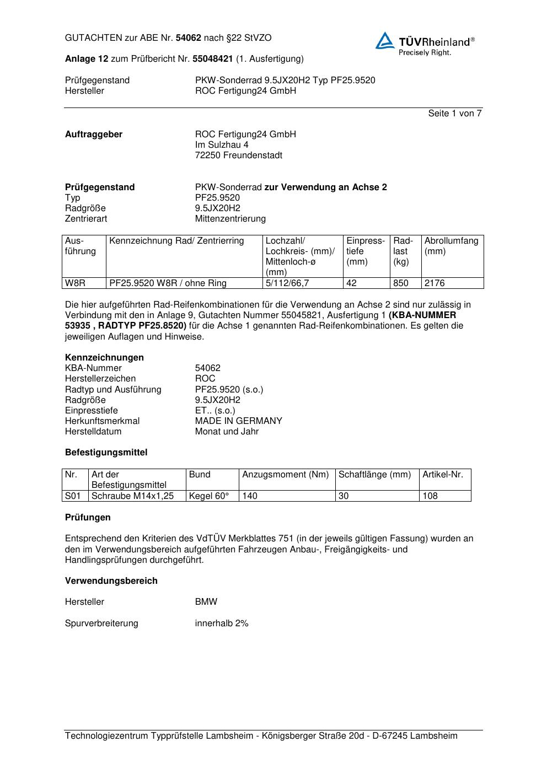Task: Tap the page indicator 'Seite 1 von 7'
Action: [x=454, y=114]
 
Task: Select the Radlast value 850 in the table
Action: [x=401, y=283]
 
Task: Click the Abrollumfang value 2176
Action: [x=435, y=283]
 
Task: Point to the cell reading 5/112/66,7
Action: [x=287, y=283]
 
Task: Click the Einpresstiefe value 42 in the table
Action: [x=352, y=283]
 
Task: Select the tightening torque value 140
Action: [x=250, y=496]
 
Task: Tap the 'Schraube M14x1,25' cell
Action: [x=132, y=496]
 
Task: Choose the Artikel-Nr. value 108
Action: [x=430, y=496]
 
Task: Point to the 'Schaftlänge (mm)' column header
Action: [x=374, y=475]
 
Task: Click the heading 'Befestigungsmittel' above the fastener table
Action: [x=106, y=453]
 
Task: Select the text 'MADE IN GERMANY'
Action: [x=238, y=421]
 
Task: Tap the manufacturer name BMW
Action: [x=206, y=602]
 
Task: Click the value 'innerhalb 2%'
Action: [x=222, y=623]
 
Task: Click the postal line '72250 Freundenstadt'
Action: [x=238, y=155]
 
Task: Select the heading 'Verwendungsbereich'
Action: [x=111, y=581]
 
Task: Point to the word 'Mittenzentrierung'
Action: [x=230, y=219]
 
